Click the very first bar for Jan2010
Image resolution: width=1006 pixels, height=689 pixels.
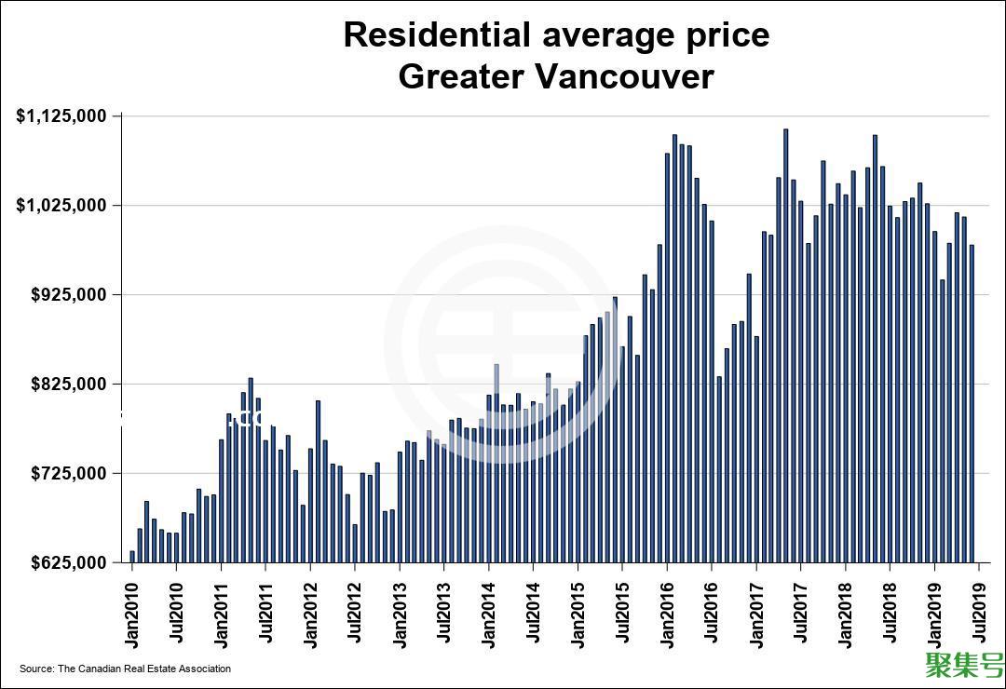132,557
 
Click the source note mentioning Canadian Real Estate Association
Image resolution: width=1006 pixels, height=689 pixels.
125,669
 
